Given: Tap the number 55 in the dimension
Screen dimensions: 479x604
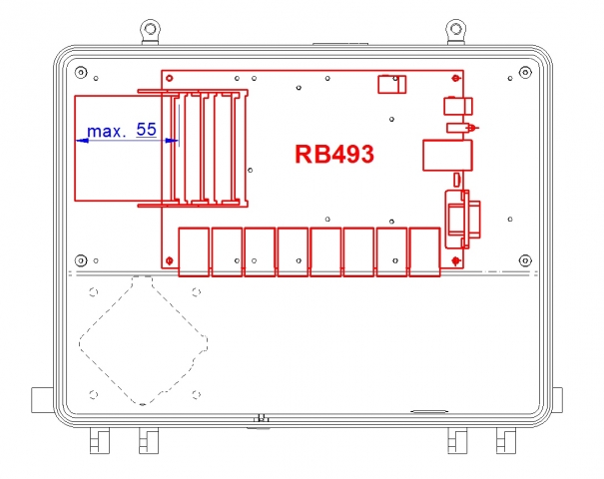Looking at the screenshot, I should click(146, 130).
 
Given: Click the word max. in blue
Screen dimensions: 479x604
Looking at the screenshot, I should click(105, 131).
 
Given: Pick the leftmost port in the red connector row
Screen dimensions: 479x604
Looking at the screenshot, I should click(194, 251).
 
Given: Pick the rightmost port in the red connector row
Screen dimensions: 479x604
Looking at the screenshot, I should click(425, 251).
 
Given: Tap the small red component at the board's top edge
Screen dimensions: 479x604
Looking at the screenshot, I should click(390, 85).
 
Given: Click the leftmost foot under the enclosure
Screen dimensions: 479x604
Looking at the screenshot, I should click(98, 440).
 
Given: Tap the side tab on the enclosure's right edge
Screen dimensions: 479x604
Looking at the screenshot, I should click(565, 398).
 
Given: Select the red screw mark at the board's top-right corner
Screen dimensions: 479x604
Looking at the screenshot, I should click(456, 77).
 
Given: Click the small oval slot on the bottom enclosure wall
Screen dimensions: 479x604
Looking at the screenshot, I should click(429, 411).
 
